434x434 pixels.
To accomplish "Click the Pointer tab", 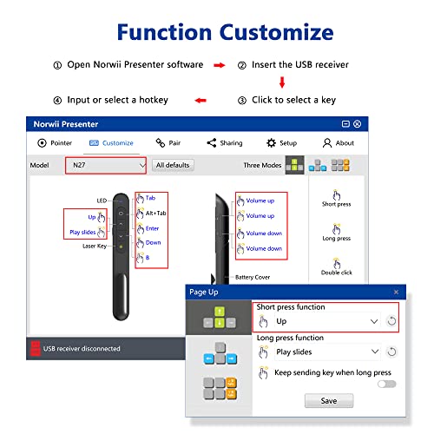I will click(55, 142).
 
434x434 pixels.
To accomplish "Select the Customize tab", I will click(111, 142).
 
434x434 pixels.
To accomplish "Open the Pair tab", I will click(168, 142).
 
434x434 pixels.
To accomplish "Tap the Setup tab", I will click(281, 142).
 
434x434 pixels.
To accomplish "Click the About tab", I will click(339, 142).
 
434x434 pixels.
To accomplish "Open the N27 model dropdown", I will click(107, 164).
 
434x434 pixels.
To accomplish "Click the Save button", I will click(328, 400).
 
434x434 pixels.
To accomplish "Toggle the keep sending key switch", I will click(386, 383).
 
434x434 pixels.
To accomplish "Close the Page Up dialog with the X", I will click(396, 293).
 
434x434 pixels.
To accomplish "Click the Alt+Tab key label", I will click(155, 213).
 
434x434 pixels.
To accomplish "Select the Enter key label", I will click(152, 228).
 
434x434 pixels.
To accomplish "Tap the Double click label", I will click(336, 272).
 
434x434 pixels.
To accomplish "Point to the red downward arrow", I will click(282, 83).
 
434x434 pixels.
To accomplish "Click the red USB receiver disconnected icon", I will click(36, 348).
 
